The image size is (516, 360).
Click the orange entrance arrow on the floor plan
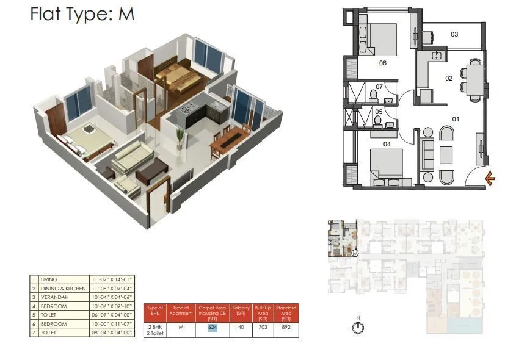click(x=490, y=178)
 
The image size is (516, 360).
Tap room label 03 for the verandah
click(x=454, y=34)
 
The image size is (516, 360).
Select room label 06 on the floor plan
click(x=383, y=63)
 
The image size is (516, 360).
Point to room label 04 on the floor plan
click(x=386, y=145)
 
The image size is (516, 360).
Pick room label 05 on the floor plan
click(x=378, y=112)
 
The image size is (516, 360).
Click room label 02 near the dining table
click(x=448, y=78)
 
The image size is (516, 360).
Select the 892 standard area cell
click(x=286, y=326)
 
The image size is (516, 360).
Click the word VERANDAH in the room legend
click(x=54, y=295)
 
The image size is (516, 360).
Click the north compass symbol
click(x=358, y=328)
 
